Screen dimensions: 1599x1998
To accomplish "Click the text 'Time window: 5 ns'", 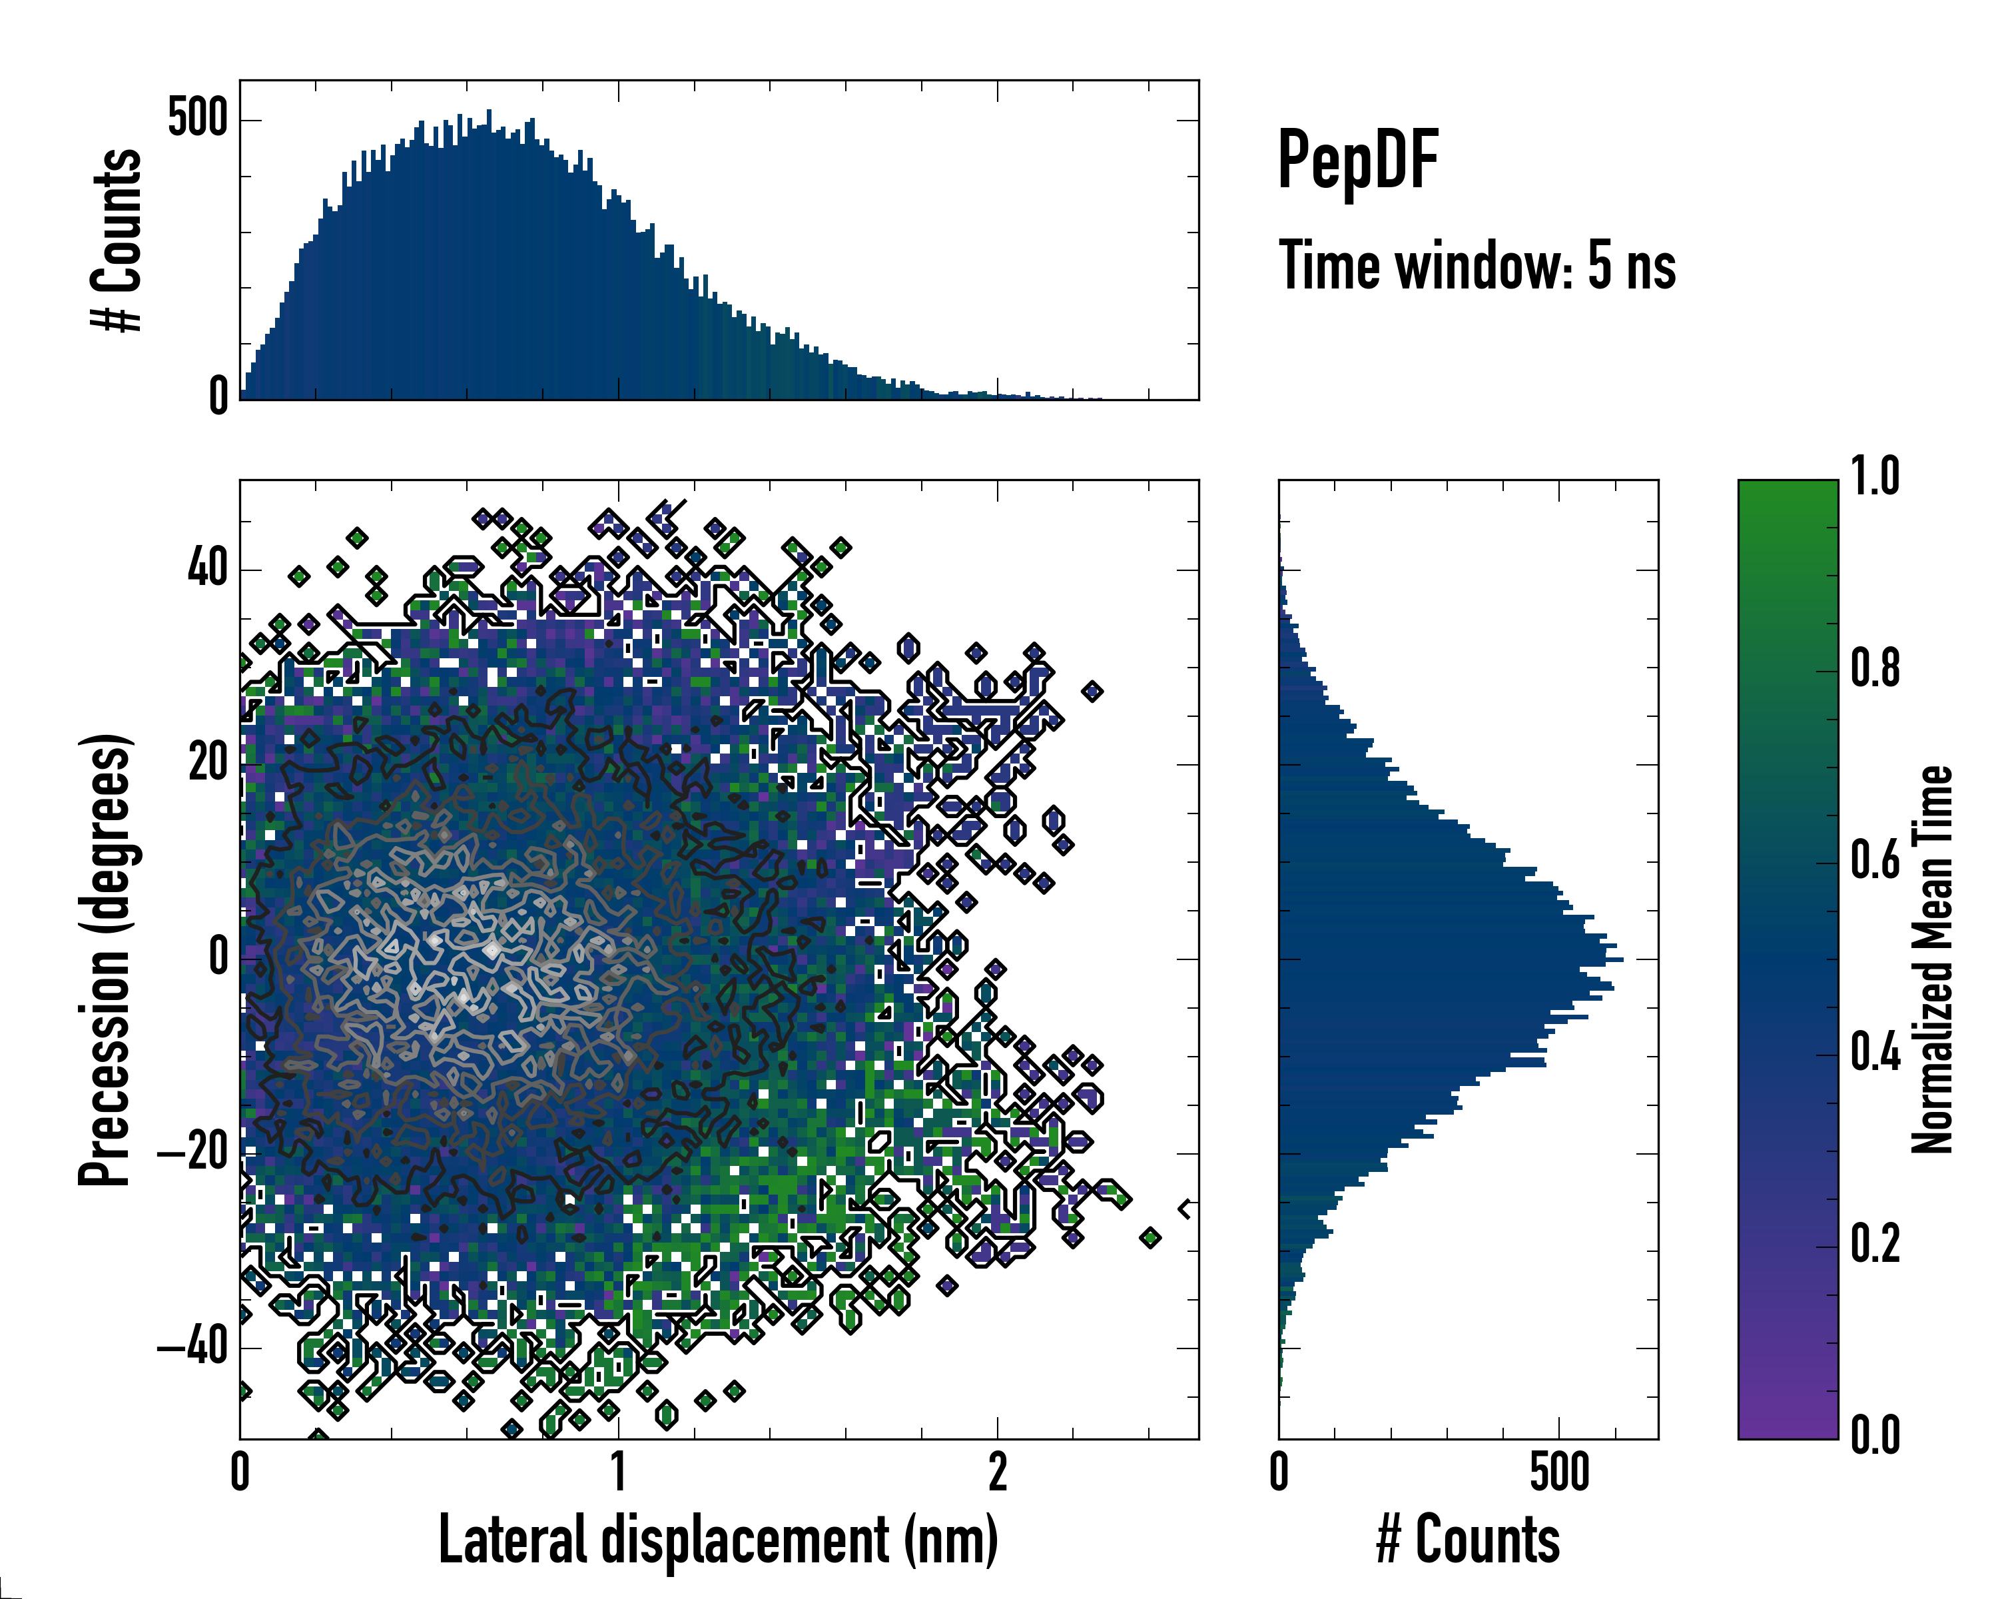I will [1477, 266].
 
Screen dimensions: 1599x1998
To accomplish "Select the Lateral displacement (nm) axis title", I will [718, 1540].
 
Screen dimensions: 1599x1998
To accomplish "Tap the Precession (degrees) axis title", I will [104, 960].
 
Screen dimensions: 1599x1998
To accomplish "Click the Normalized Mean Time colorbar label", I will [1932, 959].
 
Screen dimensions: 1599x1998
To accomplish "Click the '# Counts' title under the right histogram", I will [1468, 1540].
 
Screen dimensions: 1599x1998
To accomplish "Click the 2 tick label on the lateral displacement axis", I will [997, 1472].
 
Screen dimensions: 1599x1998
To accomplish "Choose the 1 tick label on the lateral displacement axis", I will [618, 1472].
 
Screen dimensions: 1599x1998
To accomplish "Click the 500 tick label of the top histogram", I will [197, 118].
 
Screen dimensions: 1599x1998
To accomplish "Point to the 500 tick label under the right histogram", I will [1560, 1472].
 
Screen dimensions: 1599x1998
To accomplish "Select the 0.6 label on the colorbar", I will [1875, 860].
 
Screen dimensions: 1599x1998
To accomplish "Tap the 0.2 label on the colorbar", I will [1875, 1244].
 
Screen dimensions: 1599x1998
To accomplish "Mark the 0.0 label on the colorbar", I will [1875, 1436].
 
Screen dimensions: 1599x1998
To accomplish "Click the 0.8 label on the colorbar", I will [1875, 668].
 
